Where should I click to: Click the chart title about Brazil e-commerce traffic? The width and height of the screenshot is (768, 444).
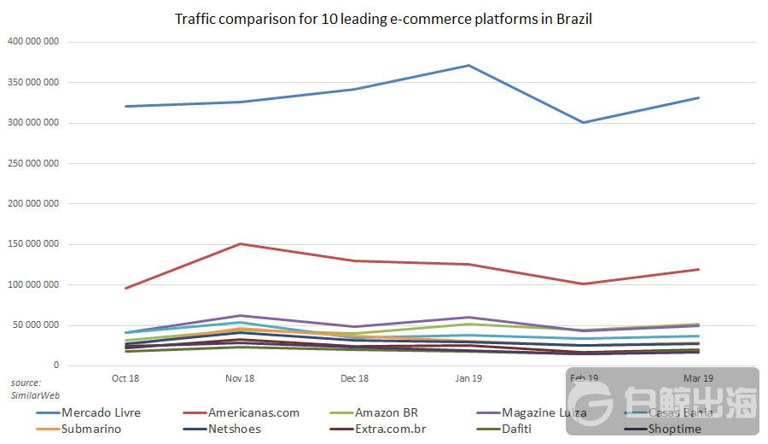[383, 19]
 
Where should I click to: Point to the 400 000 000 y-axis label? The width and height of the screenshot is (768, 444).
[32, 42]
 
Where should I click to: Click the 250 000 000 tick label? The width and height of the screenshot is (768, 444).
[32, 163]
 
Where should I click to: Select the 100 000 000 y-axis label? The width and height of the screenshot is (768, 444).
[32, 284]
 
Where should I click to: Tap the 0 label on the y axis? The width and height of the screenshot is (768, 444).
[55, 365]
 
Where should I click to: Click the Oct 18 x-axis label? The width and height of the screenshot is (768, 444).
[125, 378]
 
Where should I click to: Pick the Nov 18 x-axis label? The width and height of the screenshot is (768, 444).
[240, 378]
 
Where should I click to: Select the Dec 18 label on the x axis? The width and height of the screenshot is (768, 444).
[354, 378]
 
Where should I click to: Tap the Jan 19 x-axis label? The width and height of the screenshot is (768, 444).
[468, 378]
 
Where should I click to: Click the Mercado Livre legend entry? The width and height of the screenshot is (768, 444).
[101, 412]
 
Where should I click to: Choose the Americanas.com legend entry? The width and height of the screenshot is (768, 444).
[254, 412]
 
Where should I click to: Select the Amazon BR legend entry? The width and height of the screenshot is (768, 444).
[386, 412]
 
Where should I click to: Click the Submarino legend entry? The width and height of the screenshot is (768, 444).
[90, 429]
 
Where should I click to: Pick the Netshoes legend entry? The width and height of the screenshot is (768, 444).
[234, 429]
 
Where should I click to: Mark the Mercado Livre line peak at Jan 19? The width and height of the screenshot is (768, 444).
[468, 65]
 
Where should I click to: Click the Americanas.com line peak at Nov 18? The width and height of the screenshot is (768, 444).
[240, 244]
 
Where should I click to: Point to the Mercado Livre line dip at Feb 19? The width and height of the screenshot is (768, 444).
[583, 122]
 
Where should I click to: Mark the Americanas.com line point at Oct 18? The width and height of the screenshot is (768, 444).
[125, 289]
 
